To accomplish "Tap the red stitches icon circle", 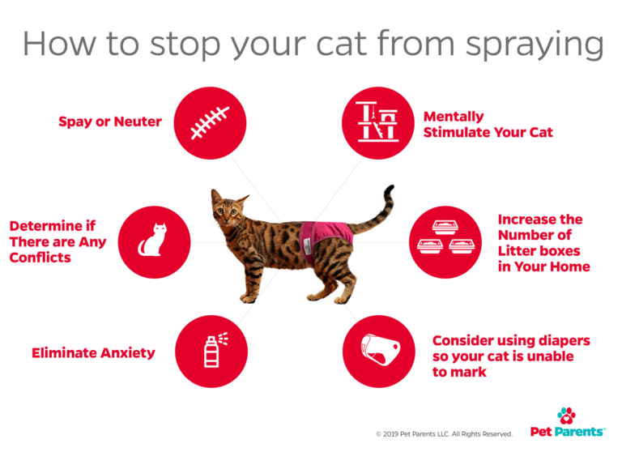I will (x=210, y=122).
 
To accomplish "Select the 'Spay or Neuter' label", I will (x=110, y=122).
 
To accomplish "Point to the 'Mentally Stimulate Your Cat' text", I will (x=488, y=124).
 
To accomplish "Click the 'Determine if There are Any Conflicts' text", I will (x=58, y=241).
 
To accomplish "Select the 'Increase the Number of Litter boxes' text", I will (x=543, y=243).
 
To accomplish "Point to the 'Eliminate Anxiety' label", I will (x=93, y=353).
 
